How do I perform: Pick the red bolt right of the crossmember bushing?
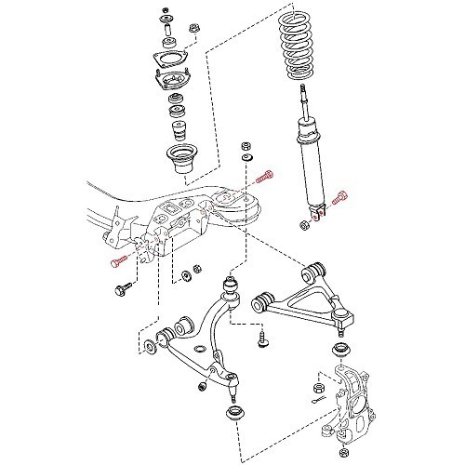[x=266, y=174]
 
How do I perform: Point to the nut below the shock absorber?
[x=304, y=224]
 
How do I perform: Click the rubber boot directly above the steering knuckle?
[x=341, y=352]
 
